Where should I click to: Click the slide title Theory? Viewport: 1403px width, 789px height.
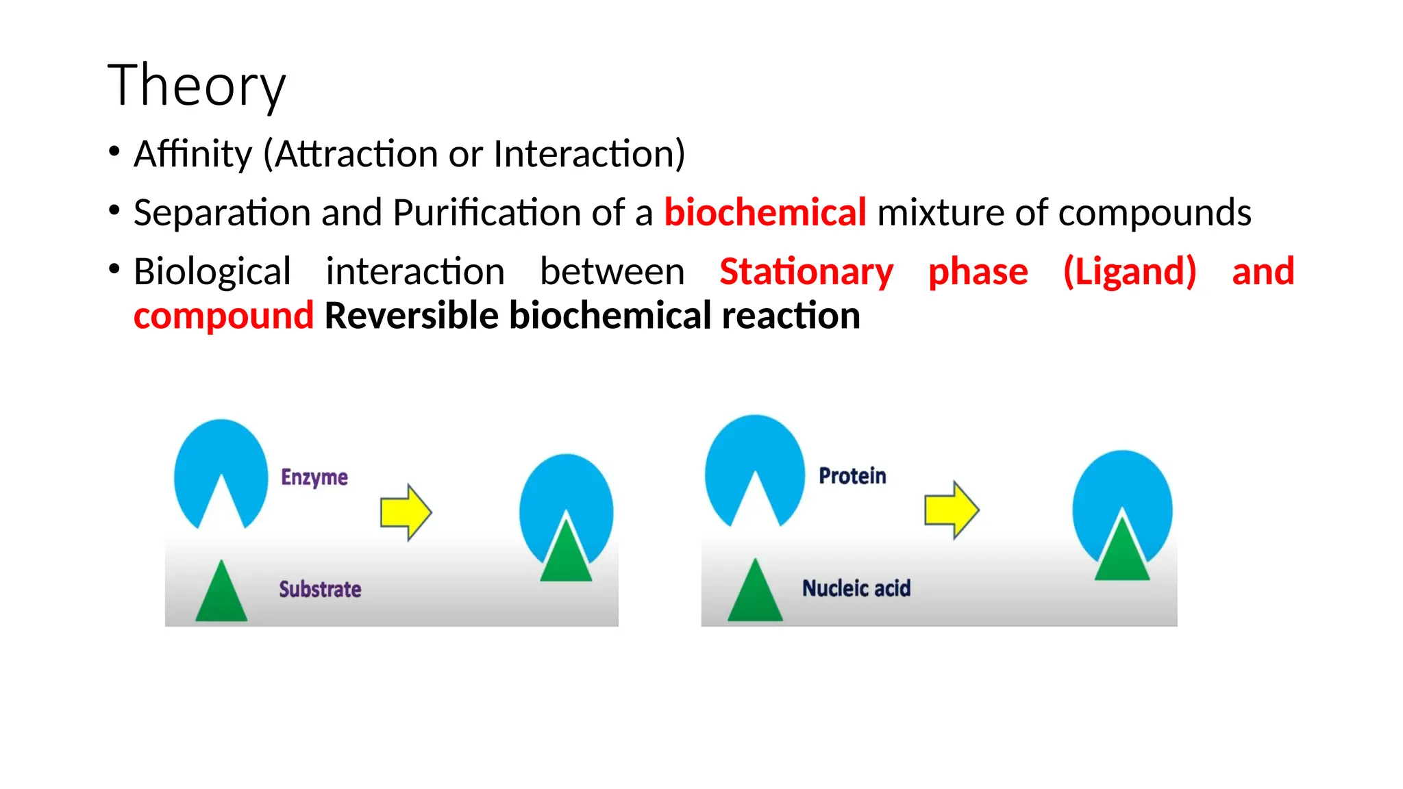click(x=197, y=85)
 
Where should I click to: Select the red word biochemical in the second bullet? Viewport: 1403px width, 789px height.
click(x=765, y=212)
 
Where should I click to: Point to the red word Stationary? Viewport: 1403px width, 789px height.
click(x=806, y=271)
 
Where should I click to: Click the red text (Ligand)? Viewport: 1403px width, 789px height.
click(x=1129, y=271)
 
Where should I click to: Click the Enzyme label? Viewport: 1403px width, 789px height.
click(x=314, y=477)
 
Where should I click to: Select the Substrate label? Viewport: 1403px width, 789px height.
click(x=320, y=589)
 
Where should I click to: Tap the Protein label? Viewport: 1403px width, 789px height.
click(x=852, y=476)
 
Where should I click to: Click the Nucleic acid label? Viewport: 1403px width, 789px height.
click(x=856, y=588)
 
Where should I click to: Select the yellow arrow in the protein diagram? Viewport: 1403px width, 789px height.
click(x=951, y=510)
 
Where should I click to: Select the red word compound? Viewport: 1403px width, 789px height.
click(x=223, y=316)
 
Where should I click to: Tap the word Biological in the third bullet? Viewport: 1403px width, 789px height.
click(x=212, y=271)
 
